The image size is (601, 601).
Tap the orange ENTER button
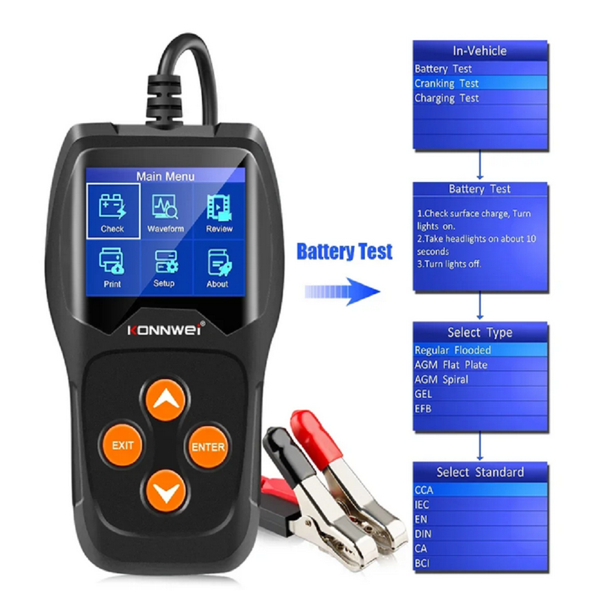click(208, 447)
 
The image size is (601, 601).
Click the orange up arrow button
click(166, 400)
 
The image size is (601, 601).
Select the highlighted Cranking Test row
click(480, 83)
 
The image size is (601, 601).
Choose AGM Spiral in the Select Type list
click(480, 379)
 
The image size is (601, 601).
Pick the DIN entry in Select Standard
click(480, 534)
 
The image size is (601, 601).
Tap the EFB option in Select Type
click(480, 409)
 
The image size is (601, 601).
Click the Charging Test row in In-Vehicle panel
click(480, 98)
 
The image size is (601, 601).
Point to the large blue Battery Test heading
click(344, 252)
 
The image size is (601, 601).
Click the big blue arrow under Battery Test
click(343, 291)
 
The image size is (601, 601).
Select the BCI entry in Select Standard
click(480, 564)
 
